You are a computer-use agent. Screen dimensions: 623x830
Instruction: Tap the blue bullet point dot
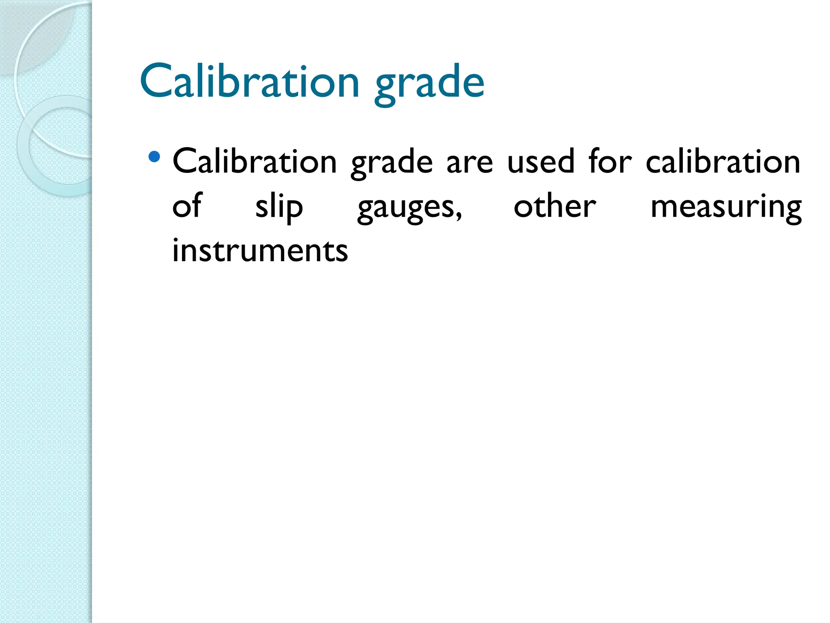[154, 157]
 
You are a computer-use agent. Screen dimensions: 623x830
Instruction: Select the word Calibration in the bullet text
[255, 161]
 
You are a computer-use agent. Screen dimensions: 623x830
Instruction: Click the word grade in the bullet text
[391, 164]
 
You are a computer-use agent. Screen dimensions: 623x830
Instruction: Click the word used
[541, 161]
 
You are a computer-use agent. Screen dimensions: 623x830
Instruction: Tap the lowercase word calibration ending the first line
[723, 161]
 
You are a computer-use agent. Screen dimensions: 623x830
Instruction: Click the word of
[187, 206]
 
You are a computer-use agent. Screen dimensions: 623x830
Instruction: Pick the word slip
[279, 208]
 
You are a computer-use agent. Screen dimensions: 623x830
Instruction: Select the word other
[555, 206]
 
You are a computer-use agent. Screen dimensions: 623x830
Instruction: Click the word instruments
[260, 251]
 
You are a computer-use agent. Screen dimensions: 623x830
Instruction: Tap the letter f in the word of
[197, 205]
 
